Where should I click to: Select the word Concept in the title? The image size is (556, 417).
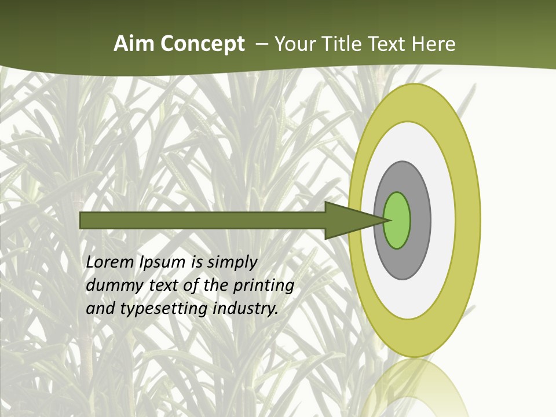(203, 45)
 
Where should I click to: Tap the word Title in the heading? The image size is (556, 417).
(342, 44)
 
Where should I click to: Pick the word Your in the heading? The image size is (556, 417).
(294, 44)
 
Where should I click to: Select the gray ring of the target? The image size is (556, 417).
(420, 220)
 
